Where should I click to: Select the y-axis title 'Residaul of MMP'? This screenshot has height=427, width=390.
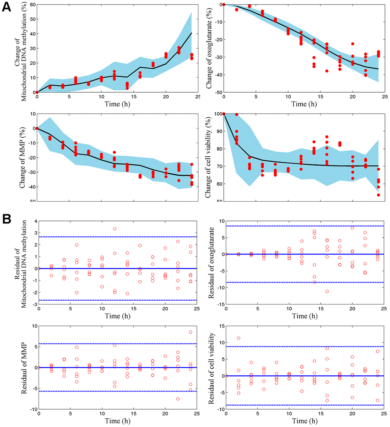[x=18, y=367]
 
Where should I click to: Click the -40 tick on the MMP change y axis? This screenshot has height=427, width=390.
[x=29, y=186]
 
